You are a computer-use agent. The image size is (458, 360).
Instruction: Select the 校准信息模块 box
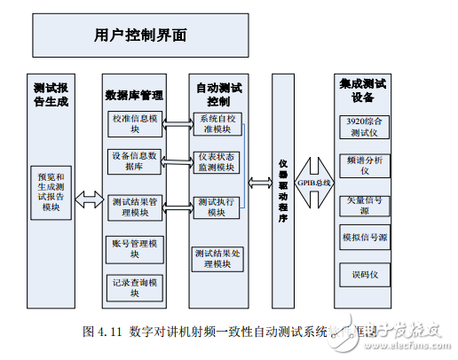[135, 122]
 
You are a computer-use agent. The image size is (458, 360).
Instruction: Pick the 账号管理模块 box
[135, 248]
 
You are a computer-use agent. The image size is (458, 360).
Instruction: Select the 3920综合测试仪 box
[365, 126]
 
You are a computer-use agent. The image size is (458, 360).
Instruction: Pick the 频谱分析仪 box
[365, 166]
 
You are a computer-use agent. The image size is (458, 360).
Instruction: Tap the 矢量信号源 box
[365, 206]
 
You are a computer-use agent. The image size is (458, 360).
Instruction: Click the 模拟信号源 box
[365, 238]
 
